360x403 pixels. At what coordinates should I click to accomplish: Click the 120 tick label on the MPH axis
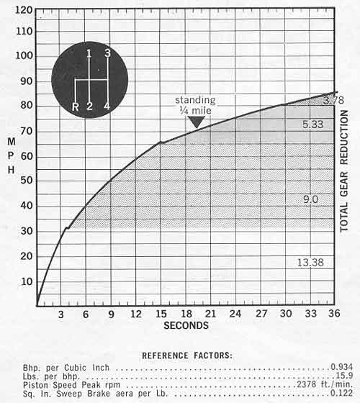click(24, 10)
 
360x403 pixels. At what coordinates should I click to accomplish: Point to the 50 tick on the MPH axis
click(26, 181)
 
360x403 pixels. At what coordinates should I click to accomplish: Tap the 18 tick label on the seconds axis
click(186, 314)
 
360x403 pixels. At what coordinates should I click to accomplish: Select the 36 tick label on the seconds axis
click(334, 313)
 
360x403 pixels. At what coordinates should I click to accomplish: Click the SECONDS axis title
click(186, 325)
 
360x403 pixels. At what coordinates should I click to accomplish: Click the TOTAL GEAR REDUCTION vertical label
click(344, 171)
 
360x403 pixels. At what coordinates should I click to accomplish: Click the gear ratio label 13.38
click(310, 263)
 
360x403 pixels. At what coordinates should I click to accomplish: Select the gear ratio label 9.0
click(310, 199)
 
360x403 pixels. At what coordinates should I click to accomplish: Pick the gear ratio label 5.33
click(312, 124)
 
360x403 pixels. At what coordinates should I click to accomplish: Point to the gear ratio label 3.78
click(334, 100)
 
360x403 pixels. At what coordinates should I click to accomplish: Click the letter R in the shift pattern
click(76, 107)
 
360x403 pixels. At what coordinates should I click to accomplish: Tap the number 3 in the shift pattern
click(107, 53)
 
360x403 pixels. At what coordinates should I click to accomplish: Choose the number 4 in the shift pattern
click(107, 106)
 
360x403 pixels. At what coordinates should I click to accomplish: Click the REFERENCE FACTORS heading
click(187, 356)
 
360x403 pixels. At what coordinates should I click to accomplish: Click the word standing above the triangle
click(195, 100)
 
